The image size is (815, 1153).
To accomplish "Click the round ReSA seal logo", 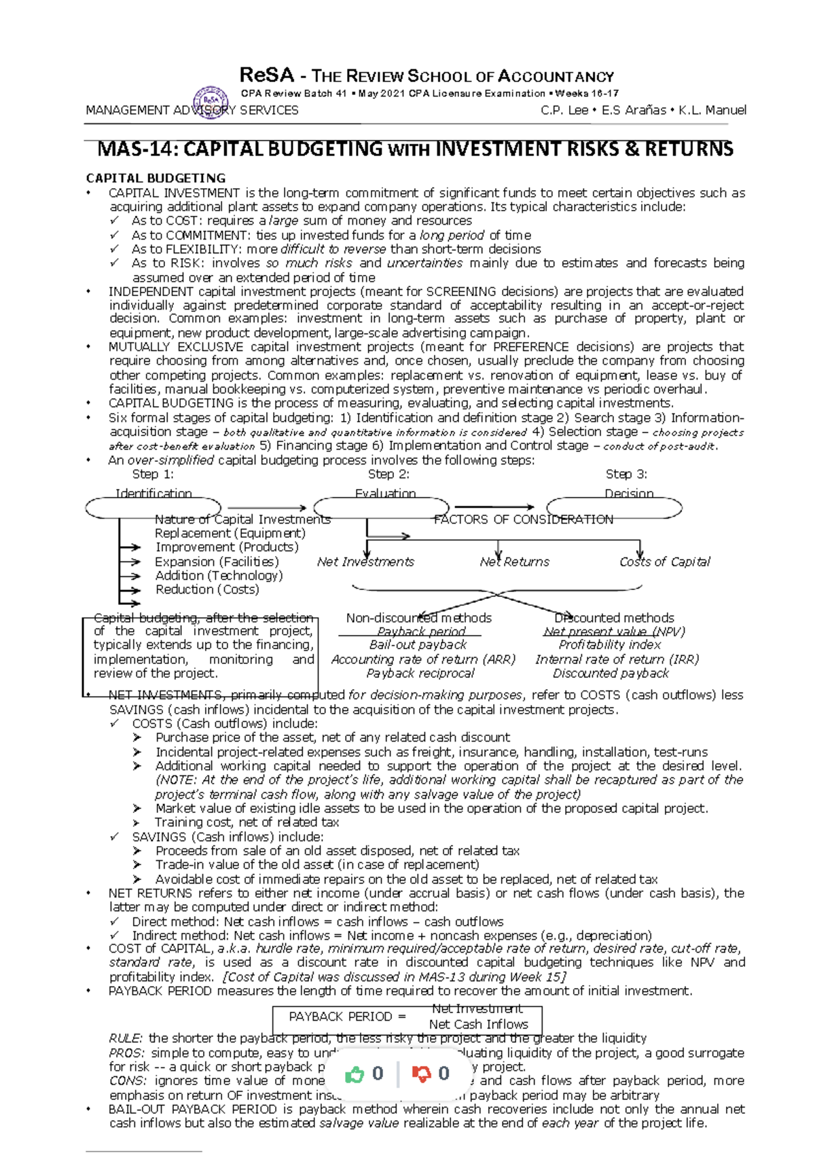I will click(211, 103).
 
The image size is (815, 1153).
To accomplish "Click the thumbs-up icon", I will click(355, 1074).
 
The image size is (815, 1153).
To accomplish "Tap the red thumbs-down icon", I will click(422, 1074).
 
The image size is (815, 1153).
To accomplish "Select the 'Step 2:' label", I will click(388, 474).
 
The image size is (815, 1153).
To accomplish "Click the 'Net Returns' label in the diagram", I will click(514, 562).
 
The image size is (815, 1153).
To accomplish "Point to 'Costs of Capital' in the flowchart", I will click(664, 562).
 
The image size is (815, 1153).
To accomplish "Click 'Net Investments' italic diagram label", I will click(365, 562).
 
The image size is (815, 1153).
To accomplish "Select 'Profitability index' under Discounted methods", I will click(609, 644).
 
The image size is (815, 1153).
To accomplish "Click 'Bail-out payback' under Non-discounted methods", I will click(418, 644).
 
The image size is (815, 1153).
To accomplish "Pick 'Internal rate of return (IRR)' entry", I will click(617, 659).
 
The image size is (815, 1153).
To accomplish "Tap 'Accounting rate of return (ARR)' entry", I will click(423, 659).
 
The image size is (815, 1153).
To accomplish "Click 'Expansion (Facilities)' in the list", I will click(217, 562).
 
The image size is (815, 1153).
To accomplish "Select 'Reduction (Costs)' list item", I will click(207, 589).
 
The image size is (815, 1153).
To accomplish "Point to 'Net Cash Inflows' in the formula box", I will click(478, 1024).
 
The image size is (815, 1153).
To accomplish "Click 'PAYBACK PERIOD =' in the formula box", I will click(347, 1017).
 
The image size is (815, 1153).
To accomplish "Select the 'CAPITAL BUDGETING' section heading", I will click(156, 178).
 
